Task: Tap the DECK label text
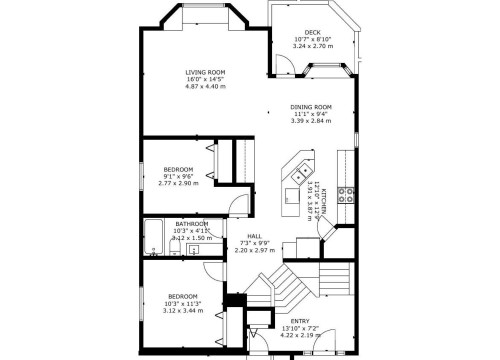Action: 313,32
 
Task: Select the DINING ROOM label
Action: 310,106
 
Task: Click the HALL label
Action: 254,236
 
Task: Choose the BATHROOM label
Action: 191,223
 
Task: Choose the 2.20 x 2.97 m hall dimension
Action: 254,251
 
